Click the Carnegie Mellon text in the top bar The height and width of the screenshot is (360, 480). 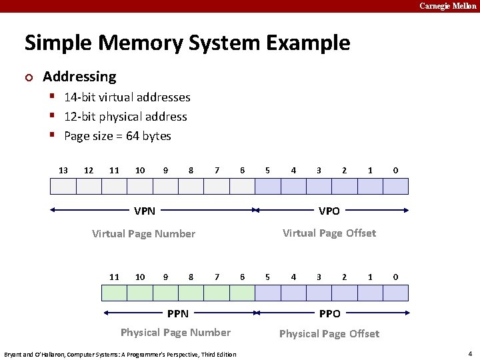[x=448, y=6]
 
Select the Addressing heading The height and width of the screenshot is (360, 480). [x=79, y=77]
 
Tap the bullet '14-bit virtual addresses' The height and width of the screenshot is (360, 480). [x=127, y=97]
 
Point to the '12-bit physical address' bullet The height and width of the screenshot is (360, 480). [x=125, y=117]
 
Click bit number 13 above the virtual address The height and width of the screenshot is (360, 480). [x=63, y=171]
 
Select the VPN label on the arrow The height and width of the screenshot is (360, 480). [x=145, y=211]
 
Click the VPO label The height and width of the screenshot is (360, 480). [x=329, y=211]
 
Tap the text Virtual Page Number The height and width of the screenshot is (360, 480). [x=143, y=234]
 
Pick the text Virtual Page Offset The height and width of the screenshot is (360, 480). [x=329, y=233]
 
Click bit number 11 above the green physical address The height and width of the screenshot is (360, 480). [x=114, y=277]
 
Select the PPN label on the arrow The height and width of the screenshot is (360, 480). [x=178, y=313]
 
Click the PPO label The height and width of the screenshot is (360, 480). [x=329, y=313]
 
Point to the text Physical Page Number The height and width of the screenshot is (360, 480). [x=175, y=333]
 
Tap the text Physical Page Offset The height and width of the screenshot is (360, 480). [x=329, y=333]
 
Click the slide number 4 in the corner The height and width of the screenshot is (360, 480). [x=470, y=353]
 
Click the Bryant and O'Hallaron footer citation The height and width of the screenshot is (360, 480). [x=120, y=354]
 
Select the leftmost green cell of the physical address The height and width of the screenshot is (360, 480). [x=114, y=293]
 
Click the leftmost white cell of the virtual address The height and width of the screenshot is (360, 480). [x=63, y=186]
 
